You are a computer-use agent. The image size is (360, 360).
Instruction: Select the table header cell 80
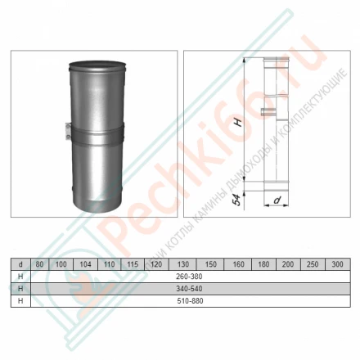point(38,264)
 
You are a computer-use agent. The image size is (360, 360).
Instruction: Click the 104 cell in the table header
point(85,264)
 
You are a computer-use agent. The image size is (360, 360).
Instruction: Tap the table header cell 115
point(131,264)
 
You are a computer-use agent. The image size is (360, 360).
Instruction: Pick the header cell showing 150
point(210,264)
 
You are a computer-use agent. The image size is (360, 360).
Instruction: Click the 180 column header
point(263,264)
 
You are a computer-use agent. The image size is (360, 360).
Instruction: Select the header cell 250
point(313,264)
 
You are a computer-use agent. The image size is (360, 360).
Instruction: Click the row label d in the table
point(19,264)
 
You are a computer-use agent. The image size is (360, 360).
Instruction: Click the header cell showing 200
point(288,264)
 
